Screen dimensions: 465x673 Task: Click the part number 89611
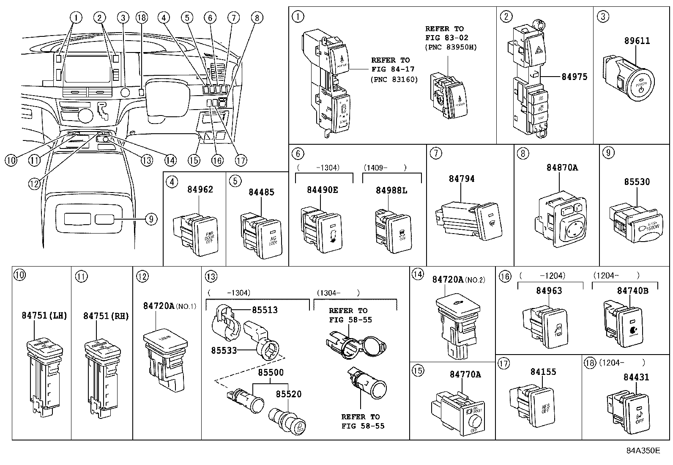point(637,41)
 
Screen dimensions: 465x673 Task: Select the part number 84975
point(574,77)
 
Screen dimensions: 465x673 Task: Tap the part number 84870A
point(562,168)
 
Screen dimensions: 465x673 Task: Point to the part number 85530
point(637,182)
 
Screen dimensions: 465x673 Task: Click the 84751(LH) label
point(44,316)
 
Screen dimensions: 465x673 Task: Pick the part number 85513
point(265,310)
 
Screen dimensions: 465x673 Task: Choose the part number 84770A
point(465,374)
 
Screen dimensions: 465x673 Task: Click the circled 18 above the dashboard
point(142,17)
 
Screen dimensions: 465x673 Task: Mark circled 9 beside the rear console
point(150,219)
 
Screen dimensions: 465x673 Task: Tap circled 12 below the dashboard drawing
point(35,183)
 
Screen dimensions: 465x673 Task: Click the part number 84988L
point(391,191)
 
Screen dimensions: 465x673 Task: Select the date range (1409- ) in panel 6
point(385,168)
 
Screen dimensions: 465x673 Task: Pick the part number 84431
point(636,377)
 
